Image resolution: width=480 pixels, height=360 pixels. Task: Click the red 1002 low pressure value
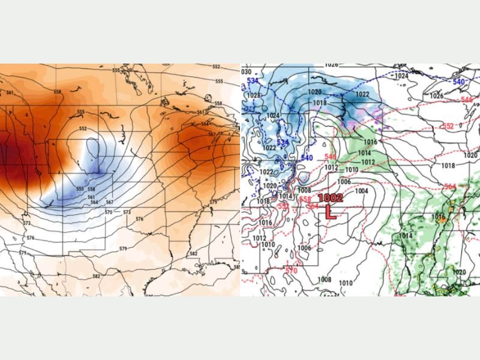pos(330,197)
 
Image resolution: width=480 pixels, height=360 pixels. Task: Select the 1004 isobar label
pos(361,191)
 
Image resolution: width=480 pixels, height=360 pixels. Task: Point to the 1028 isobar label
pos(254,96)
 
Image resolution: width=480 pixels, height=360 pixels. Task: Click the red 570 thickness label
pos(291,271)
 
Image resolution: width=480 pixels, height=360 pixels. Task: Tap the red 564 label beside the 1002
pos(313,206)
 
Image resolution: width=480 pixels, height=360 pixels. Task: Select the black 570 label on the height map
pos(109,212)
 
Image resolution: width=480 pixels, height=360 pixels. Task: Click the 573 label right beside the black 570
pos(127,212)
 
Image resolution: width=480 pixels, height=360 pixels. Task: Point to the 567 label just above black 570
pos(109,202)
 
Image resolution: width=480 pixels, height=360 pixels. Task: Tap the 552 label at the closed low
pos(83,128)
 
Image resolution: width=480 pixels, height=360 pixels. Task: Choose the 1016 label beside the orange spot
pos(439,216)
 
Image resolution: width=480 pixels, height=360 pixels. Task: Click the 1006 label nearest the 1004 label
pos(343,182)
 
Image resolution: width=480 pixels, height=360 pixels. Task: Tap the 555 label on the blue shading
pos(80,189)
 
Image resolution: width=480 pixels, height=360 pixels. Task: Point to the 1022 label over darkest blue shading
pos(362,94)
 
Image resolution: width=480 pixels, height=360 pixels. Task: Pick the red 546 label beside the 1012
pos(330,157)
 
